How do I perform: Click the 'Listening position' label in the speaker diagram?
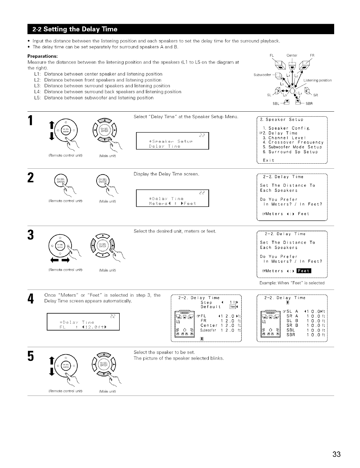point(317,80)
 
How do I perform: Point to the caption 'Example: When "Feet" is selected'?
point(292,283)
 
